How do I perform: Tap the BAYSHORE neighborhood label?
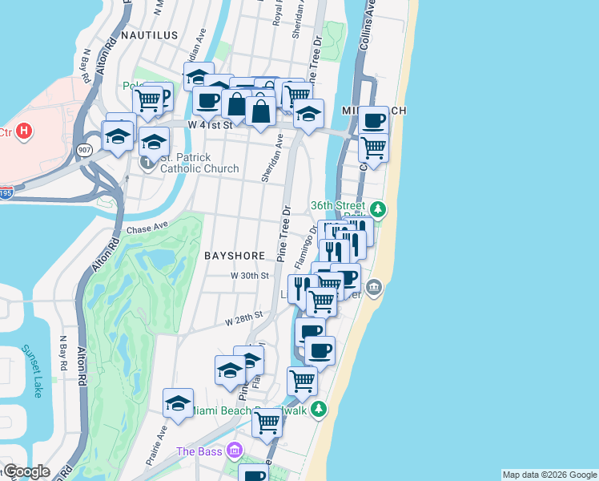(x=235, y=256)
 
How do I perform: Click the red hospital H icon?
(x=25, y=131)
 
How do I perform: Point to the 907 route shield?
(x=84, y=150)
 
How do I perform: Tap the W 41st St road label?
(x=210, y=125)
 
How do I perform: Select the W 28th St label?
(x=243, y=319)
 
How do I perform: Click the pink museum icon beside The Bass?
(x=234, y=450)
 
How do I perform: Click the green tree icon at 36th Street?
(x=378, y=211)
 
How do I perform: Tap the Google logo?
(x=26, y=472)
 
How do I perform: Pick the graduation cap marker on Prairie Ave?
(x=178, y=402)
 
